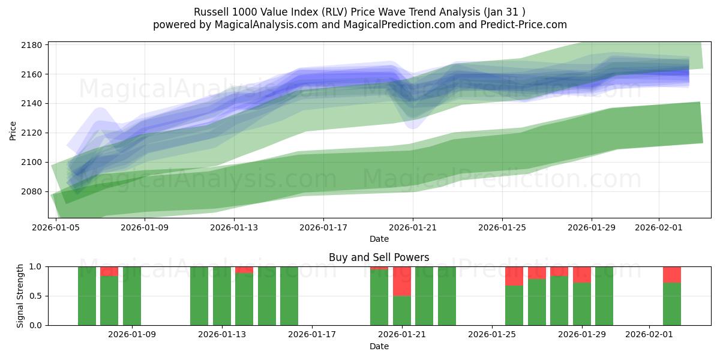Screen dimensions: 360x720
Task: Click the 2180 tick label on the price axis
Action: [31, 46]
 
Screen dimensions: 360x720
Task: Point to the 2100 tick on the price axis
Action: [31, 163]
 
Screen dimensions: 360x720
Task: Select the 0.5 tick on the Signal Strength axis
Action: [35, 296]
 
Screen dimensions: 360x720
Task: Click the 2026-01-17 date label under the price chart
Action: [323, 228]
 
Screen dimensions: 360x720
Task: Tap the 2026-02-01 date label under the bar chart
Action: [650, 335]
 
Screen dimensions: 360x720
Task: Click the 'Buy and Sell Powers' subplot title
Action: [379, 257]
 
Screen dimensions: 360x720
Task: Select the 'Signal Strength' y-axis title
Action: [20, 296]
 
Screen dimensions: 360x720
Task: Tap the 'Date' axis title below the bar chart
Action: [379, 346]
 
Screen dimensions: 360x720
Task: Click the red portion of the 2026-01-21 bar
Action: [402, 281]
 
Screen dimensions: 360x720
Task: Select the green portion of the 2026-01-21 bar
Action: [402, 310]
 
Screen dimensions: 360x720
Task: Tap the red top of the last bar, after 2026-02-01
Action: [672, 274]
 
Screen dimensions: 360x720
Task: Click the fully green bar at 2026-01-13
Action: [222, 296]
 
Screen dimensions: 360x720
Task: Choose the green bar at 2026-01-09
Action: [132, 296]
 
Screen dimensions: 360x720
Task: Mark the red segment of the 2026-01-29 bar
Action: [582, 274]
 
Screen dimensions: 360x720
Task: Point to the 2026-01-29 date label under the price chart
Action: [592, 228]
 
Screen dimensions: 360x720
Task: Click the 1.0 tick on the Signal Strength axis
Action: [35, 266]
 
